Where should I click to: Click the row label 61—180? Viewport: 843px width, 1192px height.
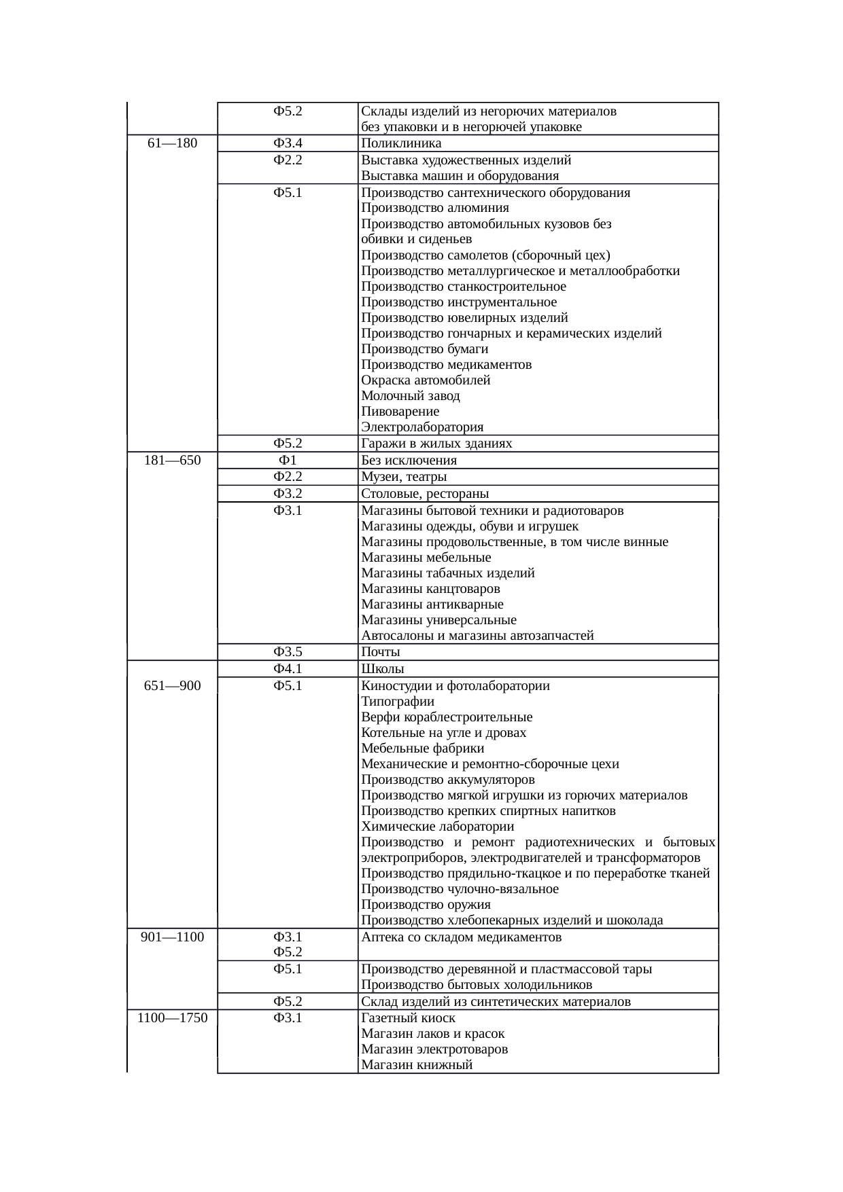click(x=172, y=143)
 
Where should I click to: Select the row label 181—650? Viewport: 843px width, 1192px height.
click(x=172, y=460)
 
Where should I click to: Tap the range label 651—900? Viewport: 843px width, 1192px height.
click(x=172, y=686)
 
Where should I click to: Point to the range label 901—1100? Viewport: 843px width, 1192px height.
click(x=172, y=937)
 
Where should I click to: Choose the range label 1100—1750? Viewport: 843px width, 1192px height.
click(x=172, y=1018)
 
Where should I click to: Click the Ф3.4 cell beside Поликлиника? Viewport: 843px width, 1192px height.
click(x=288, y=143)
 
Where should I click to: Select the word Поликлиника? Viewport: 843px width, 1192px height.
click(x=401, y=143)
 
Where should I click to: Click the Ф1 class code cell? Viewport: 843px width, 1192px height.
click(x=288, y=460)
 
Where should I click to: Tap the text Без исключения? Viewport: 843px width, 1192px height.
click(x=409, y=460)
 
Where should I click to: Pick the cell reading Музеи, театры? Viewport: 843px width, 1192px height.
click(x=404, y=477)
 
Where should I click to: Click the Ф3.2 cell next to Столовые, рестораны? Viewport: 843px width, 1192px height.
click(x=288, y=494)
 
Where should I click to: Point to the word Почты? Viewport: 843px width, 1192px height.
click(x=380, y=652)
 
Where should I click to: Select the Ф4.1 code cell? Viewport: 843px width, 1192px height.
click(x=288, y=669)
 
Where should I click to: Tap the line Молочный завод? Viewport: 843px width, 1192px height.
click(x=410, y=396)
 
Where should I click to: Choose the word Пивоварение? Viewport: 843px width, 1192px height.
click(x=400, y=412)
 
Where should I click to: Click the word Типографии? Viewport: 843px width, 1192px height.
click(x=397, y=702)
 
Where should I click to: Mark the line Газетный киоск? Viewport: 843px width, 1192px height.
click(x=408, y=1018)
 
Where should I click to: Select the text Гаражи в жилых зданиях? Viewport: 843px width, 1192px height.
click(x=436, y=444)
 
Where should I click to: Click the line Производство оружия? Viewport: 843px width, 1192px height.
click(x=426, y=905)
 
